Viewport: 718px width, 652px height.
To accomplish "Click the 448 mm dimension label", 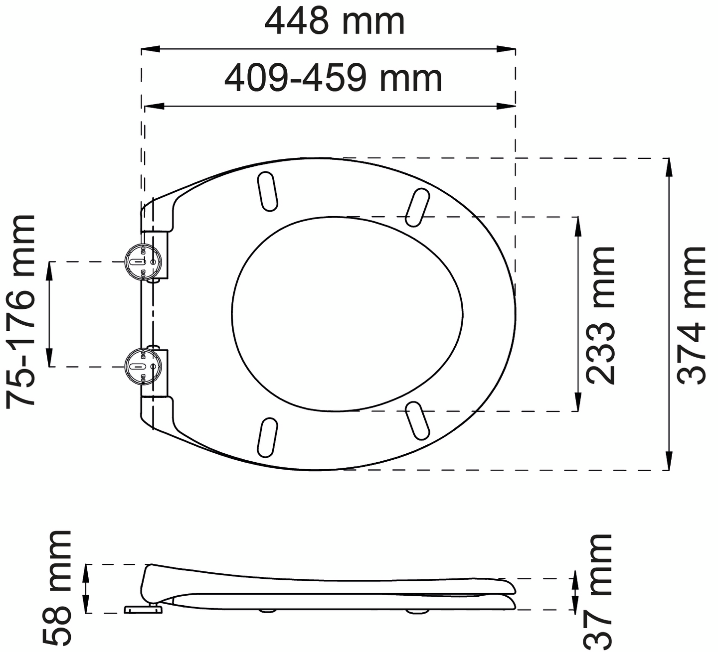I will coord(334,21).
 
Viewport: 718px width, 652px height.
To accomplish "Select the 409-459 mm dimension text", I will coord(333,78).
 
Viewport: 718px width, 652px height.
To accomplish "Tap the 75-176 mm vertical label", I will coord(21,311).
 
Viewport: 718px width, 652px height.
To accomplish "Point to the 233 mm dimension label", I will coord(600,315).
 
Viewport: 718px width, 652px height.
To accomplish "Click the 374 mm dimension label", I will coord(692,315).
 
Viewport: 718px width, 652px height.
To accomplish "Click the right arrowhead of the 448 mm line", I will coord(508,49).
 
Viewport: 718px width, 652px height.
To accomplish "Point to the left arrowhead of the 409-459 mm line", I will coord(153,106).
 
